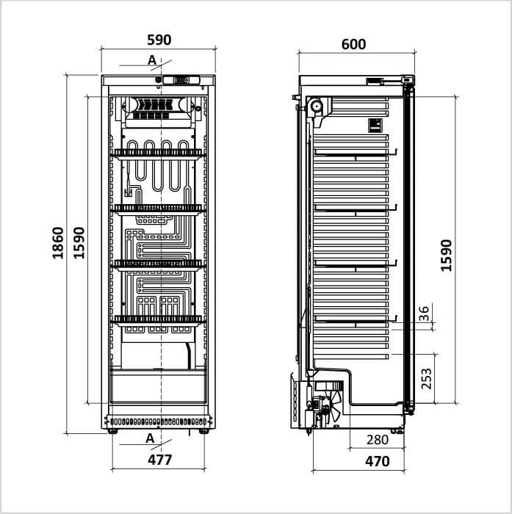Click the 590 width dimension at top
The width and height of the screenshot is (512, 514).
point(159,40)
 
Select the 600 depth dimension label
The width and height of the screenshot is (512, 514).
point(353,44)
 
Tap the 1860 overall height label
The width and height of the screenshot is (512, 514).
point(58,243)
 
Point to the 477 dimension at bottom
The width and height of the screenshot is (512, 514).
point(159,460)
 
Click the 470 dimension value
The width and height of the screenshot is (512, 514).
point(377,461)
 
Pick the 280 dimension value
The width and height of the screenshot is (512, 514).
point(378,440)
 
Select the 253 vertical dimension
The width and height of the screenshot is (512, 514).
point(426,379)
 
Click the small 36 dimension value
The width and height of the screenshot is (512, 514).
point(424,314)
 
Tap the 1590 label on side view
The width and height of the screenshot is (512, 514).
point(446,256)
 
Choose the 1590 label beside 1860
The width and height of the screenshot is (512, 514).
point(79,243)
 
